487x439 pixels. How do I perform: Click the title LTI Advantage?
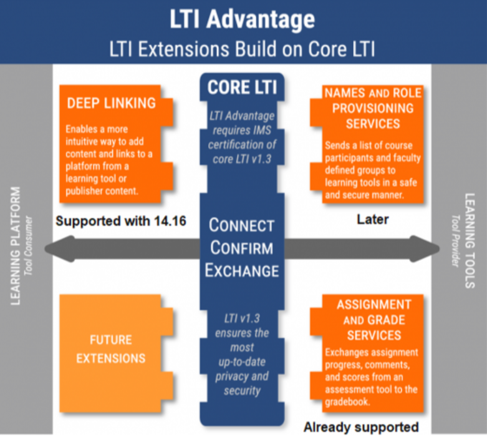pos(243,19)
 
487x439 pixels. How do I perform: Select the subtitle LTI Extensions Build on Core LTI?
pos(243,48)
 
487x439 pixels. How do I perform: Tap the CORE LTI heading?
pos(243,87)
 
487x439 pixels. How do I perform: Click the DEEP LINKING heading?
pos(111,103)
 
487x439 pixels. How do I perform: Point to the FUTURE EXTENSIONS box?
pos(111,349)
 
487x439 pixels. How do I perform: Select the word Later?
pos(372,220)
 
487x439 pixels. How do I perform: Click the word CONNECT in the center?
pos(243,225)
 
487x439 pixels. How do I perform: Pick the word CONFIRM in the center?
pos(243,248)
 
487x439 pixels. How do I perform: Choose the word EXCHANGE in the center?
pos(243,271)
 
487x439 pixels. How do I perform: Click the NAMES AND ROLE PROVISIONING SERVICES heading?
pos(373,108)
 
